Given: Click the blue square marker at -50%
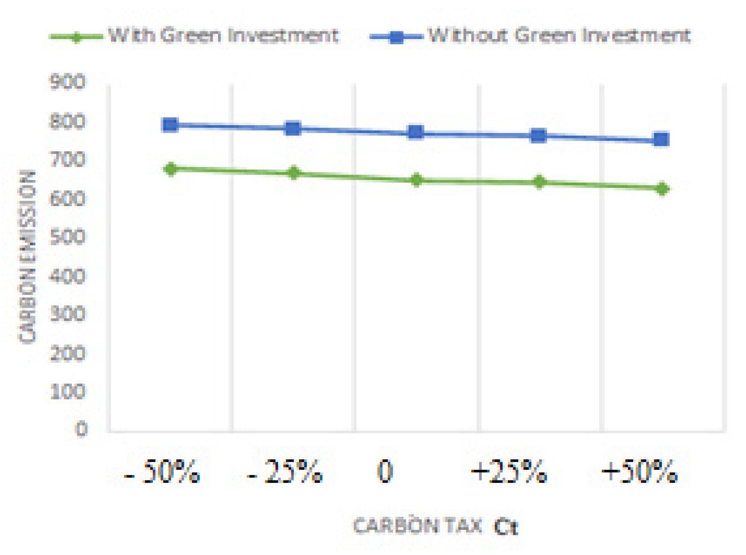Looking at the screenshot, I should coord(170,125).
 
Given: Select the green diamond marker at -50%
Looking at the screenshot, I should coord(170,169).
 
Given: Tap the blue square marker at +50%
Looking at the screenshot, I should coord(661,140).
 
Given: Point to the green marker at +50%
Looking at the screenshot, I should coord(662,189).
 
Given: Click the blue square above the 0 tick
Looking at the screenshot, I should coord(416,132).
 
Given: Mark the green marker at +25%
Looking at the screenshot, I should coord(539,182).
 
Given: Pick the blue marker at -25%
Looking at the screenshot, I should coord(293,129).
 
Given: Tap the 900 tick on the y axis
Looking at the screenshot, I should coord(67,82).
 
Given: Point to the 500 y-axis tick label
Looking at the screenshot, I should coord(67,237).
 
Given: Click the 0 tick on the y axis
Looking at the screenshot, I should coord(81,429).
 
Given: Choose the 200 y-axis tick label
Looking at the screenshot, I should coord(67,353).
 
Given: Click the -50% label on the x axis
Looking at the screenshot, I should coord(162,472).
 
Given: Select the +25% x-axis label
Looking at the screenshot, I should coord(508,472).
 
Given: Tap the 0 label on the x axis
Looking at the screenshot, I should coord(385,472).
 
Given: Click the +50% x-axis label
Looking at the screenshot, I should coord(639,472).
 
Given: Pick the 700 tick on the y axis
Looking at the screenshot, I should coord(67,159).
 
